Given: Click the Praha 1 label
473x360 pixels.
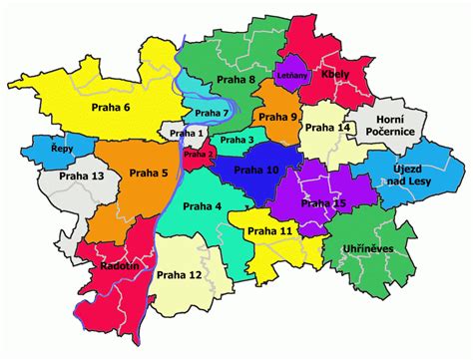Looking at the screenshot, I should [188, 133].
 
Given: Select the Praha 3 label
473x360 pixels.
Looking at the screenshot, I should [237, 141].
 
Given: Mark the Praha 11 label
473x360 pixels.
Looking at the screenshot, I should [269, 231].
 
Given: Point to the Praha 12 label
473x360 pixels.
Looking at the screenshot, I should [180, 274].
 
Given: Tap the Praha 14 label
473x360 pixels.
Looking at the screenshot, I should [327, 128].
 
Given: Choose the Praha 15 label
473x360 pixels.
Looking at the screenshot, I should [323, 203].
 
